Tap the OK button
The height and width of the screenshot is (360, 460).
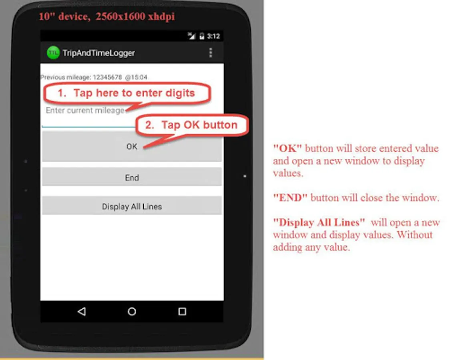132,146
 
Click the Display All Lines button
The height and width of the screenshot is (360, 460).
132,206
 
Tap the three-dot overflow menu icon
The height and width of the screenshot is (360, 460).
211,53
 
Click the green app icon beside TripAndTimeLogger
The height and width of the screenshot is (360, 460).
53,53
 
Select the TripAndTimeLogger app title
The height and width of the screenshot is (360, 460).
98,53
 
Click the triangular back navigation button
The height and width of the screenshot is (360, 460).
82,311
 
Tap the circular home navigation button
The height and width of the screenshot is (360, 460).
132,311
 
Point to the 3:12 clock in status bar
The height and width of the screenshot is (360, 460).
213,36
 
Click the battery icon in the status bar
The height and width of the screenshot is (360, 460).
201,36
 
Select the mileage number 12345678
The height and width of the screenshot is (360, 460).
107,77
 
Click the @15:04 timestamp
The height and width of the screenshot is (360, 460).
136,77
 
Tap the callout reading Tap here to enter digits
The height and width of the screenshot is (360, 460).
127,93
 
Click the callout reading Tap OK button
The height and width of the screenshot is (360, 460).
192,125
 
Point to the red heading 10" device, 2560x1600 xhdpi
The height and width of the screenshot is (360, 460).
106,16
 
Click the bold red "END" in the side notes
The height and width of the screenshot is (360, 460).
290,198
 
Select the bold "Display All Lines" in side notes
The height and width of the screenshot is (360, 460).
319,222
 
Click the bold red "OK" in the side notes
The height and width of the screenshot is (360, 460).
287,148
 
